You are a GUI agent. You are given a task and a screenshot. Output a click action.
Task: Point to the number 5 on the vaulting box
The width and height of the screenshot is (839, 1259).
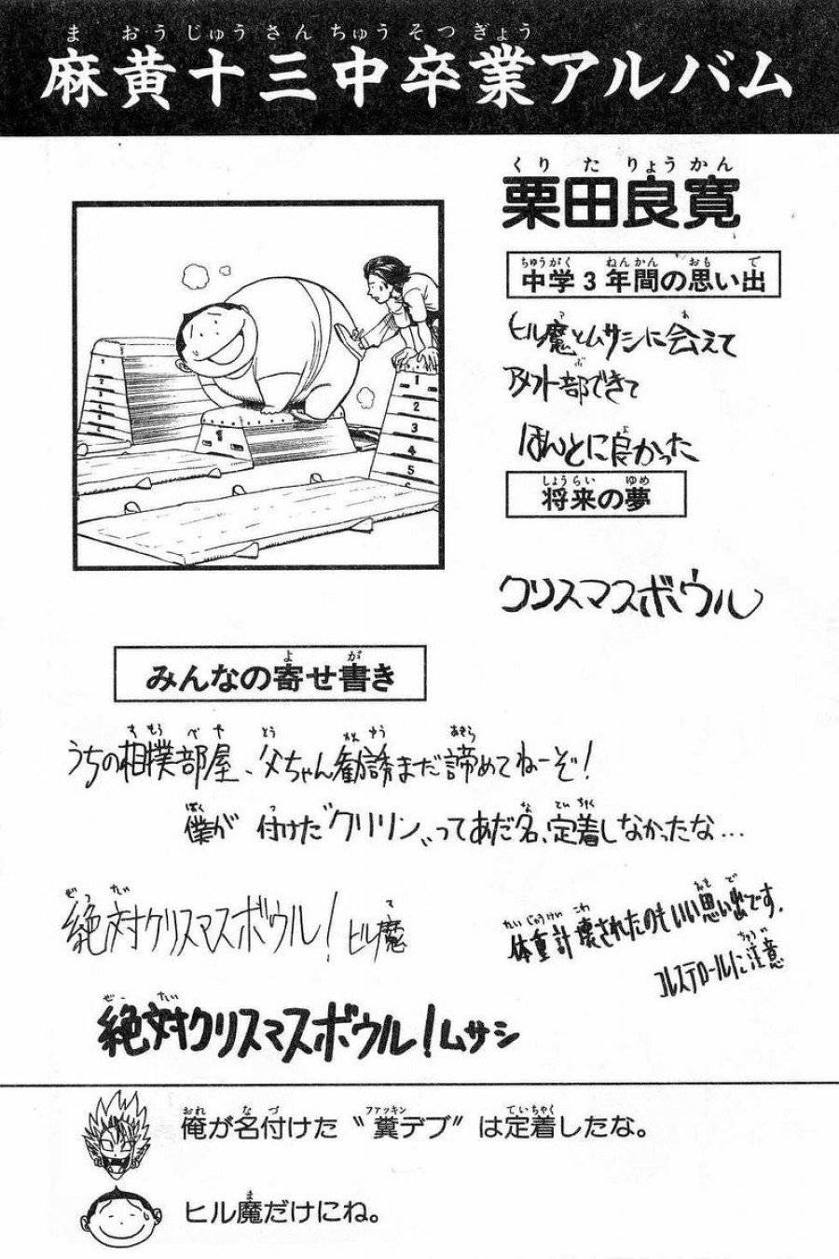pos(411,472)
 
